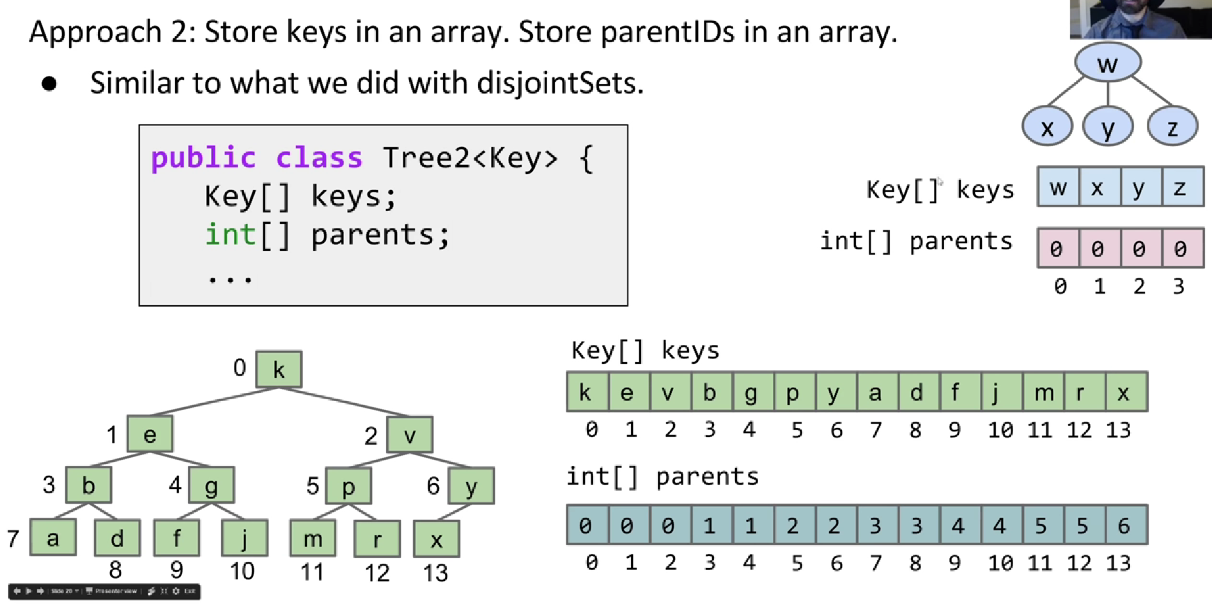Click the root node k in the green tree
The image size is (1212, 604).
(279, 369)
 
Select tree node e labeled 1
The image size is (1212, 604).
(150, 434)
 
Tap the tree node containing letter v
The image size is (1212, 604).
(410, 434)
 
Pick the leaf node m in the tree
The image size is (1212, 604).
(313, 538)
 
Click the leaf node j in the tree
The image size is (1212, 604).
(244, 538)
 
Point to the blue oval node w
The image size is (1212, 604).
(1107, 63)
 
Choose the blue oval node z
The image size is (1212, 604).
(1172, 127)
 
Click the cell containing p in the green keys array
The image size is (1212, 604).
(793, 392)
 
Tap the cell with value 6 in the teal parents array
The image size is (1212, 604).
(1124, 525)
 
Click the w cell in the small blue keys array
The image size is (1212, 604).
(1058, 187)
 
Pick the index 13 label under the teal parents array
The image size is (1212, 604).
(1119, 563)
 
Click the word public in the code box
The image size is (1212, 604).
(203, 157)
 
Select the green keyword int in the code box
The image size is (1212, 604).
(230, 234)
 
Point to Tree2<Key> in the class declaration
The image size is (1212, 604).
(470, 157)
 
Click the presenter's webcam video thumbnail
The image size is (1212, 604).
(1140, 19)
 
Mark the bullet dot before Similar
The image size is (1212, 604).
(49, 84)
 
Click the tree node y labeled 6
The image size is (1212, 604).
(471, 486)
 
